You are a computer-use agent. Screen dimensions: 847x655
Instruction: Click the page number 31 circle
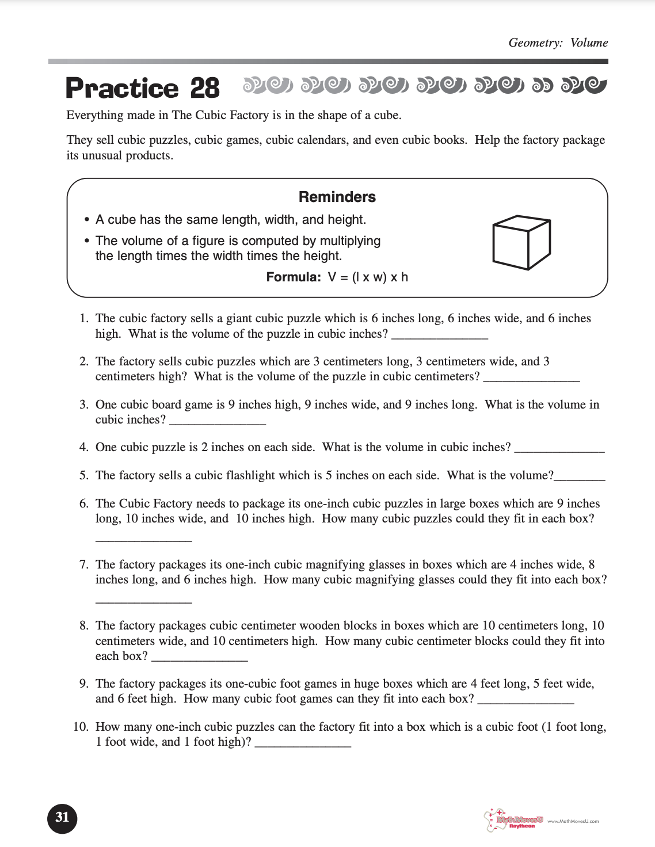[62, 818]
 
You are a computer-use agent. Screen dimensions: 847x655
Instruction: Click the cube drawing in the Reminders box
[521, 243]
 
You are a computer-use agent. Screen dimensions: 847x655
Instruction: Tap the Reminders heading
[337, 197]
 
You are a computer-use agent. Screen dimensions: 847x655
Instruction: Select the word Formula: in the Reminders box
[294, 277]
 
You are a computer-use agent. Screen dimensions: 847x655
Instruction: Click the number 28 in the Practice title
[205, 88]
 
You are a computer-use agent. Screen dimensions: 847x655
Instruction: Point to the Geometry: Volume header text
[558, 43]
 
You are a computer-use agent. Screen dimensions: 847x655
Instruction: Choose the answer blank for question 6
[143, 539]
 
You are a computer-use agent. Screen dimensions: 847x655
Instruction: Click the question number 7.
[84, 564]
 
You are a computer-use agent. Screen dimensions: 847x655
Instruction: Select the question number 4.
[84, 447]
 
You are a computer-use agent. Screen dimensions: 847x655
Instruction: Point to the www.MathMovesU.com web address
[573, 821]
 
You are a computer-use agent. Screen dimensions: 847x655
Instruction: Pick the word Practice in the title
[122, 88]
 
